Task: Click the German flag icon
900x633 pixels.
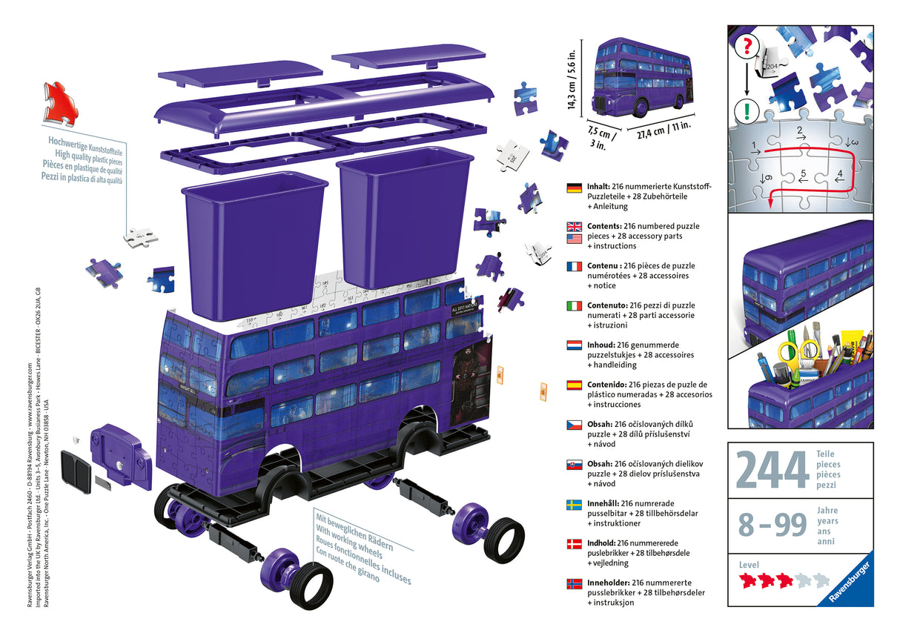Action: tap(574, 188)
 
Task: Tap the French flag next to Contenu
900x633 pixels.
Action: tap(574, 266)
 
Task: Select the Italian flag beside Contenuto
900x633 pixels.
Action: tap(574, 305)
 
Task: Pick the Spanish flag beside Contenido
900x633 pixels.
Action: tap(574, 385)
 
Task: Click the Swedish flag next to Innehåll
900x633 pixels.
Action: tap(574, 503)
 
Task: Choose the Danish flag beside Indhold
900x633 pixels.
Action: tap(574, 543)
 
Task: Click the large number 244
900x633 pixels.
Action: tap(772, 470)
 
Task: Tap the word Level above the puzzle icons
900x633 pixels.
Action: tap(749, 565)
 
